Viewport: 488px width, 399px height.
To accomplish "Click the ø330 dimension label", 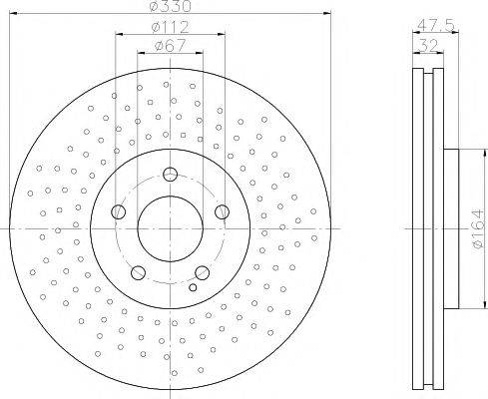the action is click(170, 6).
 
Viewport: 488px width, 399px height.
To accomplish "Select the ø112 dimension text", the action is click(170, 27).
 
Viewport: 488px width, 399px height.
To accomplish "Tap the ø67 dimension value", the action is click(170, 46).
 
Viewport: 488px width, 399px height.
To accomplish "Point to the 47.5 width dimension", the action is click(435, 25).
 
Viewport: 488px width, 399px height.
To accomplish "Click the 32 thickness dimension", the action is click(428, 45).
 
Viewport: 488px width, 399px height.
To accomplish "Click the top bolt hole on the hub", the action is click(170, 174).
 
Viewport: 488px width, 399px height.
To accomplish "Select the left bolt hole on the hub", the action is click(118, 211).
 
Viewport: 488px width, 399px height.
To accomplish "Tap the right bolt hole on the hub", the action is click(222, 211).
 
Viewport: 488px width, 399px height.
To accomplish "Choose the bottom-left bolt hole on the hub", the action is click(138, 272).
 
